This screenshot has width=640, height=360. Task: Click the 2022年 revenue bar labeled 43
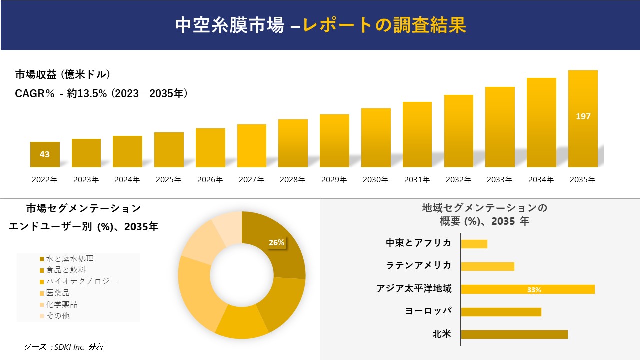(45, 154)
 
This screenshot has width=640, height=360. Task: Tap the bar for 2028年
(293, 143)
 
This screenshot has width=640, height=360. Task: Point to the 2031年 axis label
(417, 180)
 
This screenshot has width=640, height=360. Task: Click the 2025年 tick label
(168, 180)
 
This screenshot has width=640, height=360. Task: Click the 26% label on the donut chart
(276, 243)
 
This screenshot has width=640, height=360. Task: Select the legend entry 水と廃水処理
(69, 259)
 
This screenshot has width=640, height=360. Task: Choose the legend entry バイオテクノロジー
(81, 281)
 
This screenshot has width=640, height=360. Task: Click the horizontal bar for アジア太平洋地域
(527, 289)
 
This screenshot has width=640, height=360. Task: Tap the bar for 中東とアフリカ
(474, 244)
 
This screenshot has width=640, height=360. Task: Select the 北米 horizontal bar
(514, 334)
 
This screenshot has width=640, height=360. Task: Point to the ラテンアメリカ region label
(419, 265)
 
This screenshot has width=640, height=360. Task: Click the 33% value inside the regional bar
(534, 290)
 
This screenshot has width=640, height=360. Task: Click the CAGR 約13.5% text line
(101, 93)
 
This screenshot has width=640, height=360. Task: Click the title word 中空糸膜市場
(230, 25)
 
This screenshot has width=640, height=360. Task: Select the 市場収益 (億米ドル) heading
(62, 75)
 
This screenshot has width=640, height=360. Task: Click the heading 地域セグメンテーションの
(484, 208)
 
